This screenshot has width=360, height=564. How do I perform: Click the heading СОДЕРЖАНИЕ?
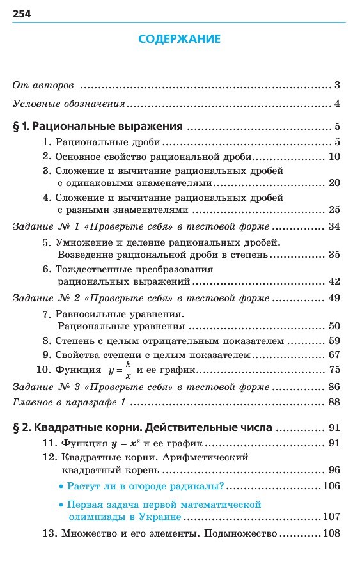coord(180,40)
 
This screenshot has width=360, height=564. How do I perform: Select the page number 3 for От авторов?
coord(336,85)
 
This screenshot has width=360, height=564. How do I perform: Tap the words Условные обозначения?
coord(68,104)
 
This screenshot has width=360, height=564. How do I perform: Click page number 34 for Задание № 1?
coord(333,226)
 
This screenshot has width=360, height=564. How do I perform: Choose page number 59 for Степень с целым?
coord(333,341)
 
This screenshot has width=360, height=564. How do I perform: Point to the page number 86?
coord(333,387)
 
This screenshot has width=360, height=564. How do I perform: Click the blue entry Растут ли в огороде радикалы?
coord(140,486)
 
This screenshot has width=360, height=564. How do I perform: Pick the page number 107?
coord(331,517)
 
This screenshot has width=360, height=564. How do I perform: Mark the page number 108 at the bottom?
coord(331,533)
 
